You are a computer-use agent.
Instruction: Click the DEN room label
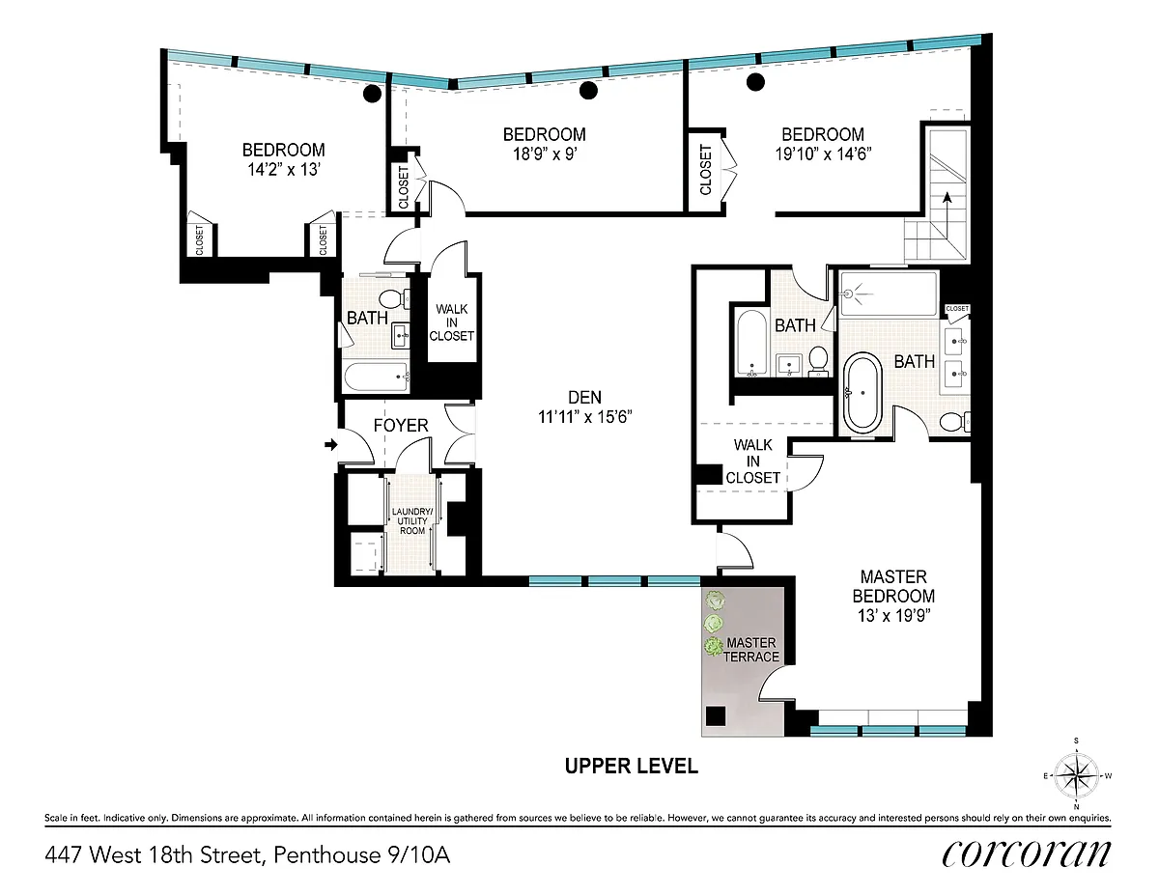point(584,397)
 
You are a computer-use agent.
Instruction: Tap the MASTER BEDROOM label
point(893,586)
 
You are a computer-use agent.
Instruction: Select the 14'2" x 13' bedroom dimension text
point(283,170)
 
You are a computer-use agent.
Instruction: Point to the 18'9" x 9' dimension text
point(545,154)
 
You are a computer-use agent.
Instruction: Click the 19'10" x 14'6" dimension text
point(823,154)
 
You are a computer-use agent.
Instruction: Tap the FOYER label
point(401,426)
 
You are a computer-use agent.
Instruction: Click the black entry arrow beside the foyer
point(331,444)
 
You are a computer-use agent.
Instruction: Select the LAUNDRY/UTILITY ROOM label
point(412,521)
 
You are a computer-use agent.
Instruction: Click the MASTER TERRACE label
point(751,650)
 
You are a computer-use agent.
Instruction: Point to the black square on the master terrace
point(716,716)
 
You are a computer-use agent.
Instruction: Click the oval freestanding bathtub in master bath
point(862,393)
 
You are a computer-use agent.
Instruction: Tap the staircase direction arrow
point(947,219)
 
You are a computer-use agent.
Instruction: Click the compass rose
point(1076,775)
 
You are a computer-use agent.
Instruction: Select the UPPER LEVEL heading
point(631,766)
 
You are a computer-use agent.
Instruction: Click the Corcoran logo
point(1026,854)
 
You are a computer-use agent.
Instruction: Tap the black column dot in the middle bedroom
point(588,91)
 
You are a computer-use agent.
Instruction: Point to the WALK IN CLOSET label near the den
point(451,322)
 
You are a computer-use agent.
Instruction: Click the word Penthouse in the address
point(326,855)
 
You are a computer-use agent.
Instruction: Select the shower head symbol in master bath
point(855,294)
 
